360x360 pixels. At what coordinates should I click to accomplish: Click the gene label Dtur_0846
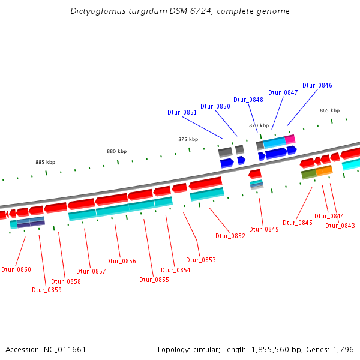tap(317, 85)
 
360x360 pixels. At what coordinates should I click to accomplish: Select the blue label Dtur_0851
tap(182, 112)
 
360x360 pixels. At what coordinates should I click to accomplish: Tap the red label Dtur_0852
tap(230, 236)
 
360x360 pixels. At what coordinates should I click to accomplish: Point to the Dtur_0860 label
tap(16, 269)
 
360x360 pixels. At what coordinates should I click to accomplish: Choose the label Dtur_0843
tap(340, 226)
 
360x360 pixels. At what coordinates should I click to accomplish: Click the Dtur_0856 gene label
tap(121, 261)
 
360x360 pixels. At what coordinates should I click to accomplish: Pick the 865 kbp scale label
tap(329, 110)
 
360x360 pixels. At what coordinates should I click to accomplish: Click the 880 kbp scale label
tap(117, 151)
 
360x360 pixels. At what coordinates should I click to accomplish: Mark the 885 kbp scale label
tap(45, 162)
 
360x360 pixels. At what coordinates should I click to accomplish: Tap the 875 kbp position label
tap(188, 139)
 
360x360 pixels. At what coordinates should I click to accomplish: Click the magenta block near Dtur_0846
tap(290, 139)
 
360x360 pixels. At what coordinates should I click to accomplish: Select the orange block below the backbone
tap(324, 171)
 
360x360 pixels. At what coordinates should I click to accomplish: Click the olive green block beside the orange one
tap(308, 173)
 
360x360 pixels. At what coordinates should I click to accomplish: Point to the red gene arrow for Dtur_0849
tap(255, 173)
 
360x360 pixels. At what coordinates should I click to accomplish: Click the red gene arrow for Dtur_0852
tap(205, 182)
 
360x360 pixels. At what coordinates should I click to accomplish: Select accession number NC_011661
tap(65, 349)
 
